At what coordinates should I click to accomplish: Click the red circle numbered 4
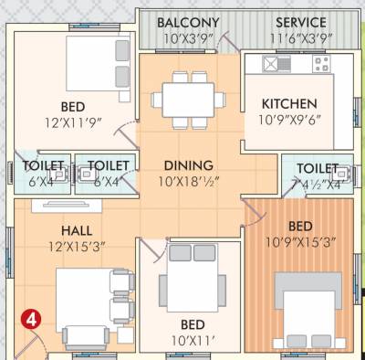[x=31, y=320]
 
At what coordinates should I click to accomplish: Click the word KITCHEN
[x=289, y=103]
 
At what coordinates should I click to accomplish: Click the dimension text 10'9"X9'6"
[x=289, y=119]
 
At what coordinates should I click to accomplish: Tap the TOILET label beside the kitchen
[x=317, y=168]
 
